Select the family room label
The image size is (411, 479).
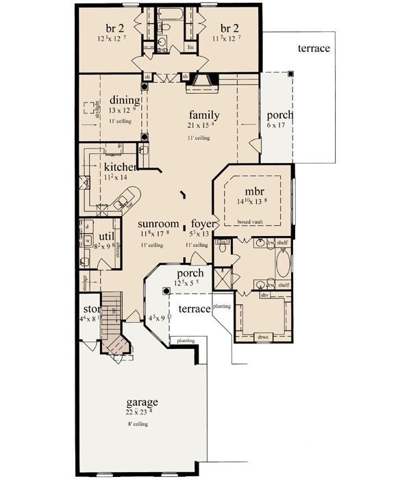pos(204,114)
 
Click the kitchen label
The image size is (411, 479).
pos(120,167)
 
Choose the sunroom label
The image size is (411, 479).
pos(159,224)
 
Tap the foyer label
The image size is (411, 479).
pos(203,224)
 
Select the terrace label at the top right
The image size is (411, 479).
pos(314,49)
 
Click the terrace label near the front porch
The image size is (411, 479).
pos(194,309)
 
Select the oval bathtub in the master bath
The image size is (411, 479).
pos(284,263)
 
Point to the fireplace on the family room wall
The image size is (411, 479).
pos(202,84)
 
